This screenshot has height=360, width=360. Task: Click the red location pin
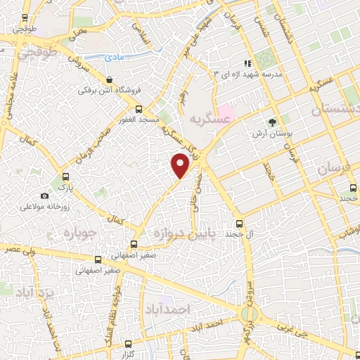(181, 165)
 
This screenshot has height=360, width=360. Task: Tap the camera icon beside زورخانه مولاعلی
(45, 195)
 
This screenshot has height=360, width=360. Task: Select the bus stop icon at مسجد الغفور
(139, 109)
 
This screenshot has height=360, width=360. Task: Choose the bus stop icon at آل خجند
(240, 233)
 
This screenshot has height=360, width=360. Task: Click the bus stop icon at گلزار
(128, 345)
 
